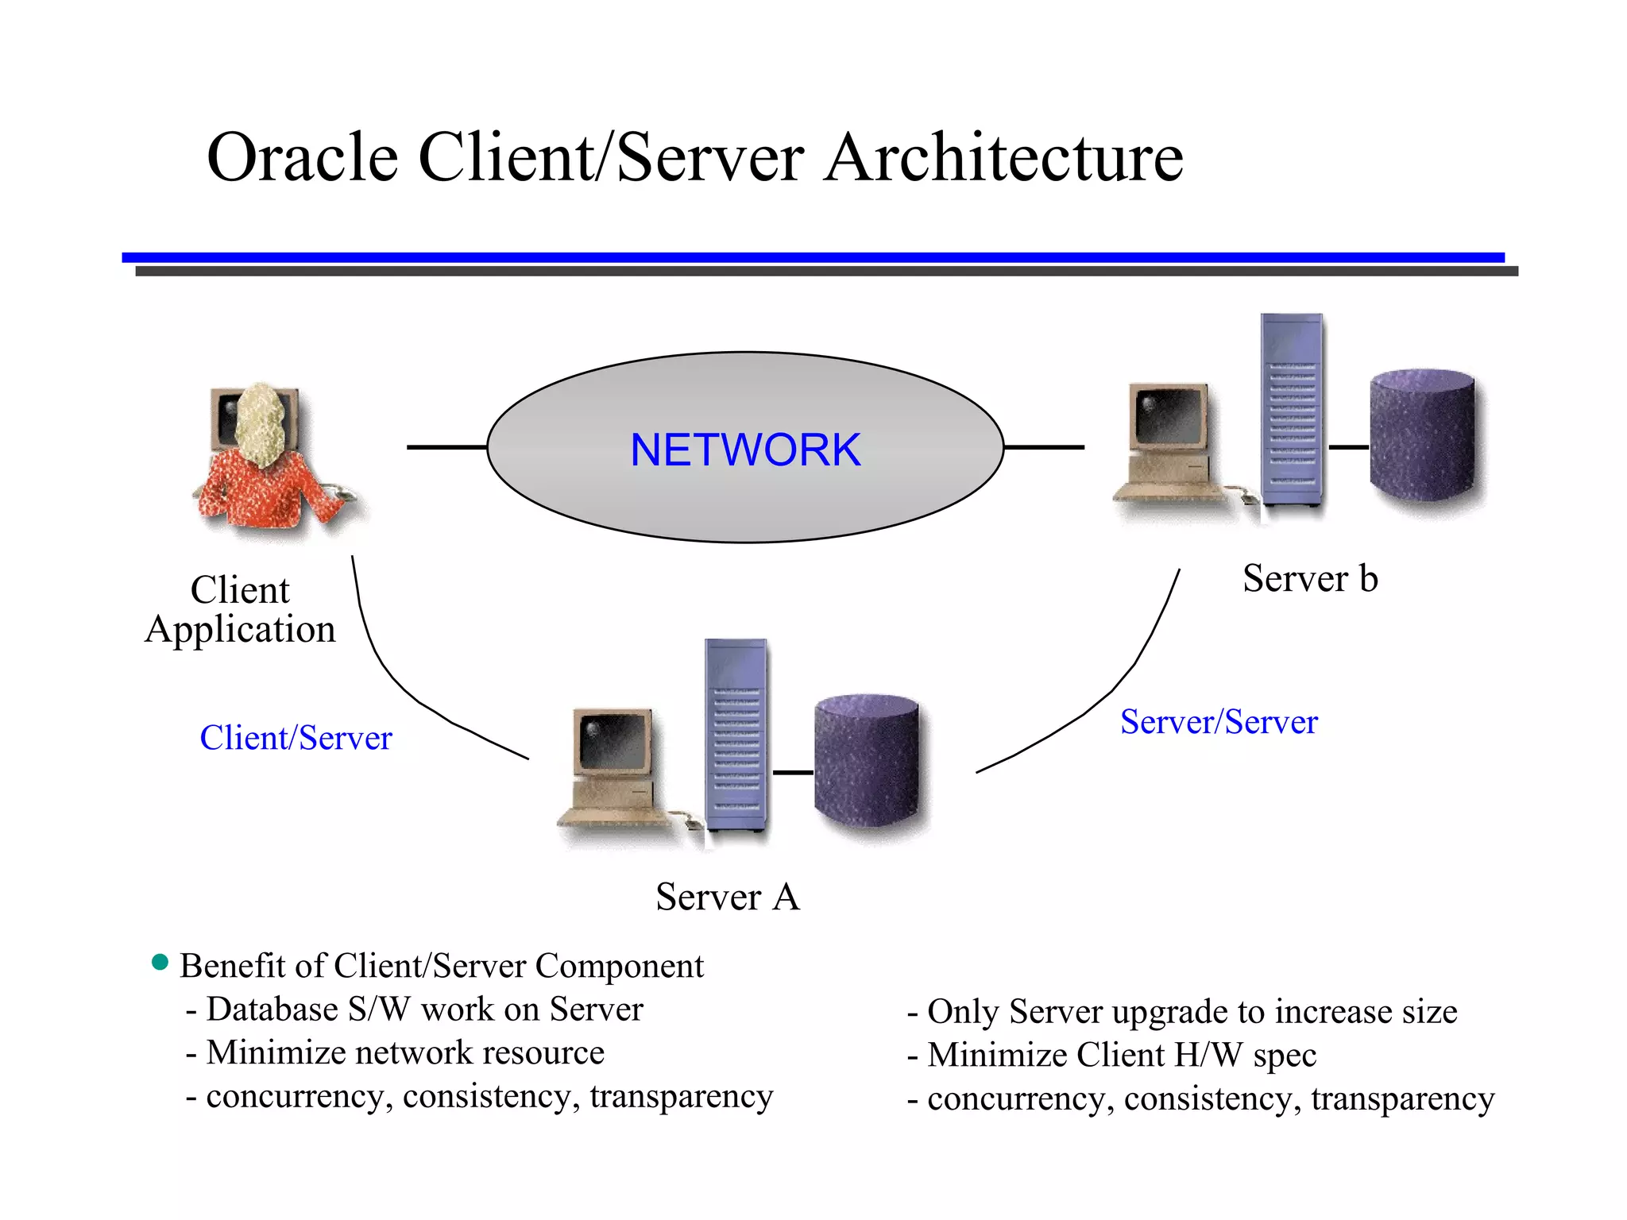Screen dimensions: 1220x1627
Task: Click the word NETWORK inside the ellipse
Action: click(x=744, y=450)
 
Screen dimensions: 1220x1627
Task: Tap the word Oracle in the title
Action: click(x=302, y=158)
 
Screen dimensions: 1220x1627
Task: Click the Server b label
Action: click(x=1309, y=578)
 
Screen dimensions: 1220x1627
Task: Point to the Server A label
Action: click(x=727, y=897)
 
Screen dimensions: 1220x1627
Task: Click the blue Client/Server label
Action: click(x=296, y=738)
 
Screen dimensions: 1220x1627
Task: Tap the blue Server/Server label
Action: click(x=1219, y=722)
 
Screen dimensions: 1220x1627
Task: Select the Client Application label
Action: click(x=240, y=610)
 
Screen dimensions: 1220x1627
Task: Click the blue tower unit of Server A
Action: click(x=736, y=735)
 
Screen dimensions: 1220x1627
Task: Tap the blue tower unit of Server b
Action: click(x=1292, y=410)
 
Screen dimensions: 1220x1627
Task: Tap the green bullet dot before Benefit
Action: click(x=160, y=963)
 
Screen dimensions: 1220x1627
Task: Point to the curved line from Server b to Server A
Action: click(x=1112, y=691)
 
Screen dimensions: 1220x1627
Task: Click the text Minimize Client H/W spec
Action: click(x=1121, y=1055)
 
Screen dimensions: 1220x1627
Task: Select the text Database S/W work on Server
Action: click(x=424, y=1010)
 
